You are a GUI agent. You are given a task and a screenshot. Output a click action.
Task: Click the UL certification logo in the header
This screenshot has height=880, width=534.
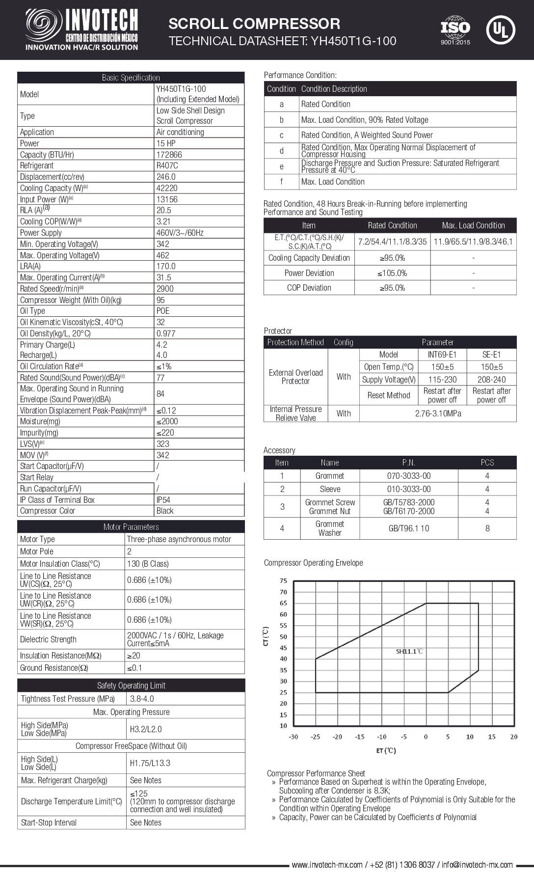(x=500, y=29)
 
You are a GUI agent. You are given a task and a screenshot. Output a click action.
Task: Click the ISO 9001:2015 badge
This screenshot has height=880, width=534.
(x=455, y=30)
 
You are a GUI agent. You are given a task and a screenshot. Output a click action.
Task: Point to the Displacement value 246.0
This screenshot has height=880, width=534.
(x=166, y=177)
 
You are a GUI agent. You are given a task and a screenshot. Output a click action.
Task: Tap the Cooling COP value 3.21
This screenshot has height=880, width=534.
(x=163, y=221)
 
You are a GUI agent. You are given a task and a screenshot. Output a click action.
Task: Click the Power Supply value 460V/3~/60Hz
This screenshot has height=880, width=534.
(x=180, y=233)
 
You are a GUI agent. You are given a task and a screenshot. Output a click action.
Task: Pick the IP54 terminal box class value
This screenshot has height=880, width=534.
(x=163, y=500)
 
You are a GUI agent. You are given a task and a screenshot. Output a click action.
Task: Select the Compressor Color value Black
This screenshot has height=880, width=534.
(x=165, y=511)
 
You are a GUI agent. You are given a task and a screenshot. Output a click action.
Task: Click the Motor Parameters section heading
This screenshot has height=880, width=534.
(x=131, y=527)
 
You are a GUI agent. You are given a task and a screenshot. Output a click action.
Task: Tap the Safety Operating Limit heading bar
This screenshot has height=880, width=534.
(x=131, y=686)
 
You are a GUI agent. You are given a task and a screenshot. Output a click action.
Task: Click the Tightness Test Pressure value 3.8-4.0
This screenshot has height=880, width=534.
(x=142, y=699)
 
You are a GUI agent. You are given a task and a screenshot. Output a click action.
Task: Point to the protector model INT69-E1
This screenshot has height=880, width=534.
(x=442, y=355)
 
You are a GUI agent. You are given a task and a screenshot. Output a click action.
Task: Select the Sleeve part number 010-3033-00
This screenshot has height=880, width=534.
(x=409, y=489)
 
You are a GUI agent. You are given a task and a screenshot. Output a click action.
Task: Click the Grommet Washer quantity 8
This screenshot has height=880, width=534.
(x=487, y=528)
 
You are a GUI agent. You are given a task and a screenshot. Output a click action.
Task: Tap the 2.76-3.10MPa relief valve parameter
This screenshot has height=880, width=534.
(x=438, y=413)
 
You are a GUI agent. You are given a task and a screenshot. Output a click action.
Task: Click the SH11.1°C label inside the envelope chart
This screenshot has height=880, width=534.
(x=409, y=652)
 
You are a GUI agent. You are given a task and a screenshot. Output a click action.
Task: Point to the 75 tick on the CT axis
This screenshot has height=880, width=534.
(x=283, y=581)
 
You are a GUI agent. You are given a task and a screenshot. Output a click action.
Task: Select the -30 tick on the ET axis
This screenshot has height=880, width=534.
(x=293, y=737)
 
